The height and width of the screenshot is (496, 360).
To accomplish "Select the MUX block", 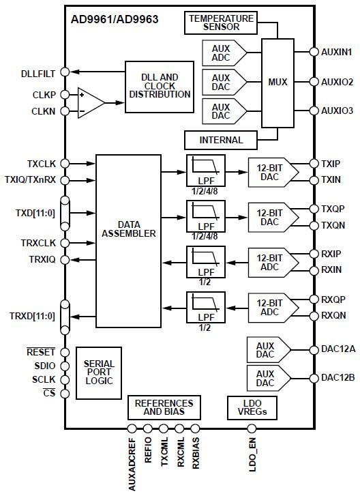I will coord(277,83).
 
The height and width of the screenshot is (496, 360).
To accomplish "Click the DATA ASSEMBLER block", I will coord(128,228).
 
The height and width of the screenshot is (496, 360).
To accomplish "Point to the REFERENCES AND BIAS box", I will coord(164,407).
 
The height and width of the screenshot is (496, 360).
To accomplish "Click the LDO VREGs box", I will coord(252,407).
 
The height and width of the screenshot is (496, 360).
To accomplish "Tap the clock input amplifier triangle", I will coord(89,102).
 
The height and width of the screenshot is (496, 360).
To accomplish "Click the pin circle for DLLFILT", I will coord(65,72).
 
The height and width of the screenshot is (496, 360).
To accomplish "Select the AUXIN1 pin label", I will coord(336,52).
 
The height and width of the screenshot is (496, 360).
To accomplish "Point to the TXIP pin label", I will coord(330,164).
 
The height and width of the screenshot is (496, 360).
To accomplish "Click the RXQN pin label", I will coord(333,316).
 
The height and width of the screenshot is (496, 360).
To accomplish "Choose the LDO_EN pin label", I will coord(253,454).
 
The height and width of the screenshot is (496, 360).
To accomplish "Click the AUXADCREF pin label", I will coord(132,463).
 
